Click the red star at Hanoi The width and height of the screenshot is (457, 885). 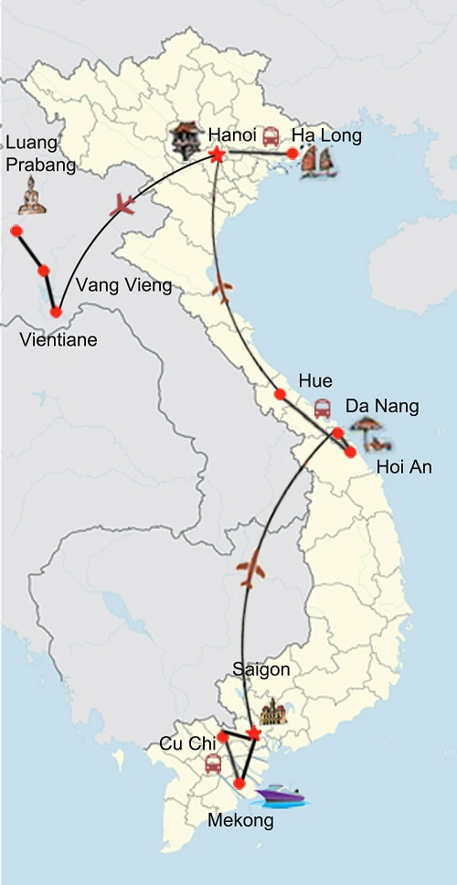pyautogui.click(x=218, y=155)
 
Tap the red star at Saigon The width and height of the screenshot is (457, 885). pyautogui.click(x=254, y=734)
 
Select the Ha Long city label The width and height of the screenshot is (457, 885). pyautogui.click(x=326, y=136)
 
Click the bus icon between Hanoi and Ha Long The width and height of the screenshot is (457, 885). pyautogui.click(x=271, y=137)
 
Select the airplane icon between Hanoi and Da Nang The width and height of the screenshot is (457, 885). pyautogui.click(x=222, y=291)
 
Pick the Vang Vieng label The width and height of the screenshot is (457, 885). pyautogui.click(x=123, y=285)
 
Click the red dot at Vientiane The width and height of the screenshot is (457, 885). pyautogui.click(x=57, y=313)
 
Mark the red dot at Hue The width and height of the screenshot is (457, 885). pyautogui.click(x=280, y=395)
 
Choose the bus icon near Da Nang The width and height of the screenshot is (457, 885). pyautogui.click(x=323, y=408)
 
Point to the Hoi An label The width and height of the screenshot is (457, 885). pyautogui.click(x=404, y=467)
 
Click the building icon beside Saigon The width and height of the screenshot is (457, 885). pyautogui.click(x=273, y=711)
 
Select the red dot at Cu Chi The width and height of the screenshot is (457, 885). pyautogui.click(x=222, y=736)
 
